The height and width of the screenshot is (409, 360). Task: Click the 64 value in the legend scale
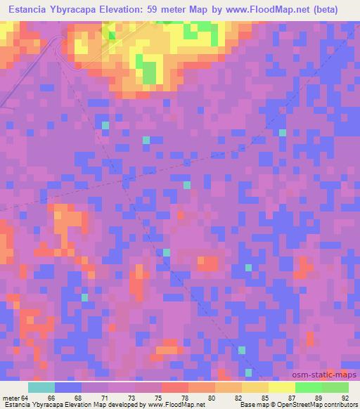(x=25, y=397)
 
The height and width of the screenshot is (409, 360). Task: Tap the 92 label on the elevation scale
(x=345, y=397)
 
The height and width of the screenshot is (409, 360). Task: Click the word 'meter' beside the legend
(x=11, y=397)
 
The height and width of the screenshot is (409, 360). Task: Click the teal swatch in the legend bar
(x=41, y=387)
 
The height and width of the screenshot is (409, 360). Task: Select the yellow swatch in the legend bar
(x=281, y=387)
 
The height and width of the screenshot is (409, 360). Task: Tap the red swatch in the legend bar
(x=175, y=387)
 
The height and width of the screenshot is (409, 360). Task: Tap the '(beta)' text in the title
(x=325, y=10)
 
